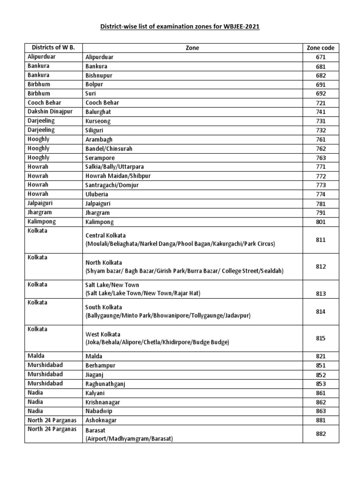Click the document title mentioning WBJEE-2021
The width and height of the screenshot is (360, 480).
point(180,27)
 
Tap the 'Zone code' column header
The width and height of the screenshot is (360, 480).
point(320,48)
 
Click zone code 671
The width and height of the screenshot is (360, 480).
point(320,57)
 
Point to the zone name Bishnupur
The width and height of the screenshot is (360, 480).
point(99,75)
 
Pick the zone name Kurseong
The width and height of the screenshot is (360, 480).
point(98,121)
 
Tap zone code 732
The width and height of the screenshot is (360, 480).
point(320,130)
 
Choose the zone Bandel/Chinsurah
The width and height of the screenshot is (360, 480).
point(109,149)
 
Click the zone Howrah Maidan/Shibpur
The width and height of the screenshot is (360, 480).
point(118,176)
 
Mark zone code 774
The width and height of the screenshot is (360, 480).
point(320,195)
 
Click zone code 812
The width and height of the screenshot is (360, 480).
point(320,266)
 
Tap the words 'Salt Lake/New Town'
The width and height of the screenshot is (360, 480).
point(112,285)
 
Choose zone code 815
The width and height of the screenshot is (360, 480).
point(320,338)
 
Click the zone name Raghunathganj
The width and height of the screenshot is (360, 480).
point(106,384)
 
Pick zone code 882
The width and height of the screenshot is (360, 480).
point(320,434)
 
